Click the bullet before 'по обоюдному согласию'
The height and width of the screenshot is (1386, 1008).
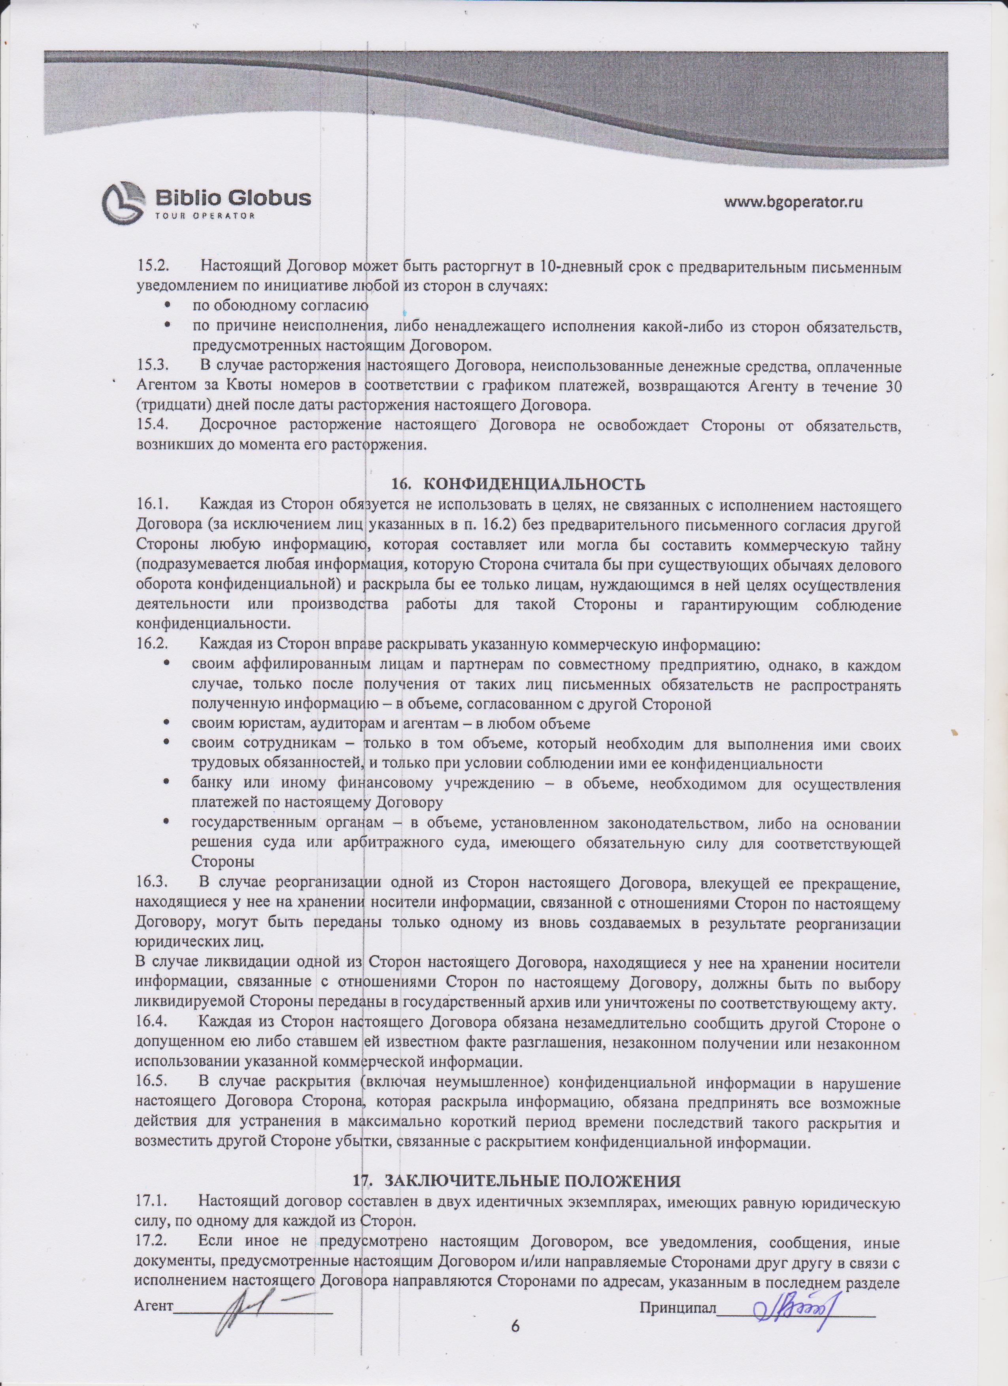coord(166,305)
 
